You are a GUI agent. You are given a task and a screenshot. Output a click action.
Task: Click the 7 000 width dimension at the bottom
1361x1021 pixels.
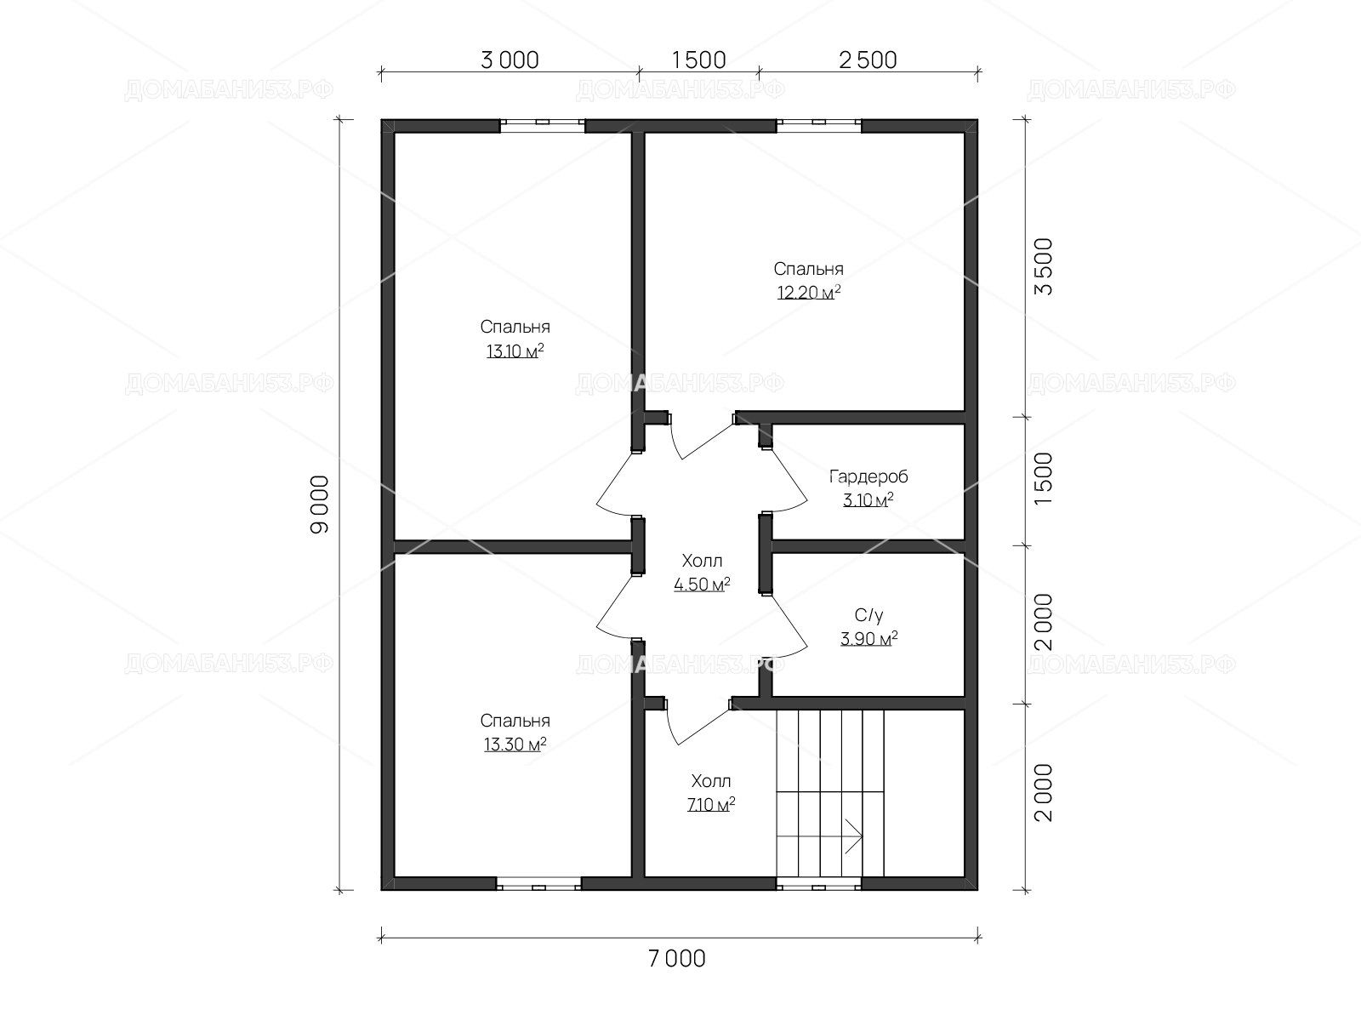pos(676,958)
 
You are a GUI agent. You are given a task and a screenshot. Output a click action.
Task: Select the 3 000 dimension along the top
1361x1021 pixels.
pos(510,60)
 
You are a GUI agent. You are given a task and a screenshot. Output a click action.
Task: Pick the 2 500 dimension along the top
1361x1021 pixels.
pos(868,60)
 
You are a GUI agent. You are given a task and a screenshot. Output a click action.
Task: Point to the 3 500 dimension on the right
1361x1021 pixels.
pos(1045,266)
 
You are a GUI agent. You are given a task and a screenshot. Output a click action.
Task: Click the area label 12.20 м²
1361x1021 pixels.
pos(809,292)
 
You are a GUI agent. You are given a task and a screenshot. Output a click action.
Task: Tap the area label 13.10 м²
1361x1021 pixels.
pos(515,351)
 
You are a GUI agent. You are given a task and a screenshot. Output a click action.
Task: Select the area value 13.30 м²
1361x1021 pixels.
pos(515,744)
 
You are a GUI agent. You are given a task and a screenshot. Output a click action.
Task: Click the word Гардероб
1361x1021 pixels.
pos(868,476)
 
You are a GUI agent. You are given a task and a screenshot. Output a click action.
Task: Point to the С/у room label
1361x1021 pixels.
pos(868,615)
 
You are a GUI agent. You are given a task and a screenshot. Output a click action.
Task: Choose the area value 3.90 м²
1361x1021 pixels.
pos(868,638)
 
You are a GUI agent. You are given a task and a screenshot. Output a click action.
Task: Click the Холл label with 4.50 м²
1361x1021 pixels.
pos(702,561)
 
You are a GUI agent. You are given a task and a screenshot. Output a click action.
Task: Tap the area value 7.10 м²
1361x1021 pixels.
pos(711,805)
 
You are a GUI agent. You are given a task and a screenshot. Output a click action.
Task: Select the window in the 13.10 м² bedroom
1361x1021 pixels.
pos(542,126)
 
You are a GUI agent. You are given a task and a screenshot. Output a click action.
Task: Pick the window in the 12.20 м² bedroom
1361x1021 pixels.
pos(818,126)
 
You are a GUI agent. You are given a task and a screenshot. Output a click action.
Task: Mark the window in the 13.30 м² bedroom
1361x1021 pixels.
pos(538,884)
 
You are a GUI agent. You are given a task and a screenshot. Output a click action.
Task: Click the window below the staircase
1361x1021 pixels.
pos(818,884)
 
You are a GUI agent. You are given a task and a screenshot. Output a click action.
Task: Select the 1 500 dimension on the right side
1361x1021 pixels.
pos(1045,478)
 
